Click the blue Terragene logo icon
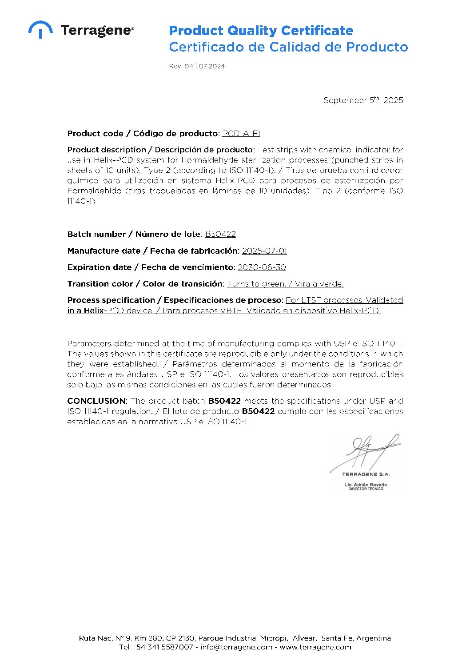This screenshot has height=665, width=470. (x=40, y=29)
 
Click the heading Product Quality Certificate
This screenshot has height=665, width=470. (x=261, y=31)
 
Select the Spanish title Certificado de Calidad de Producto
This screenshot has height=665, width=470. (x=288, y=47)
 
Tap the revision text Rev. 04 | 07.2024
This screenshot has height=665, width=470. (x=197, y=66)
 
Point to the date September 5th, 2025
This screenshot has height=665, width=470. (x=363, y=100)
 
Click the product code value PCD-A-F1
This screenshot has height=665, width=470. (x=241, y=133)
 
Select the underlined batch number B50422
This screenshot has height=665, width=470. (x=220, y=234)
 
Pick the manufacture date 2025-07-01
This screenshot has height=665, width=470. (x=264, y=251)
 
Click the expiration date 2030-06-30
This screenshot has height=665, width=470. (x=262, y=267)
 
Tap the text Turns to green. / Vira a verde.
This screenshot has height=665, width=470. (x=285, y=284)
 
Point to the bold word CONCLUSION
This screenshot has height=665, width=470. (x=97, y=401)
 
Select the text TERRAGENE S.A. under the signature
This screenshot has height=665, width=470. (x=366, y=474)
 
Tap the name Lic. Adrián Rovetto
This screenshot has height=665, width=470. (x=366, y=485)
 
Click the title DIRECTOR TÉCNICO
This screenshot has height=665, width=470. (x=366, y=489)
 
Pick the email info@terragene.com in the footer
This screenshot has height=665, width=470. (x=236, y=647)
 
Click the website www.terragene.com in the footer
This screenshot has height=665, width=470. (x=315, y=647)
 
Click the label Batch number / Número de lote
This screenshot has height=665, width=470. (x=134, y=234)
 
